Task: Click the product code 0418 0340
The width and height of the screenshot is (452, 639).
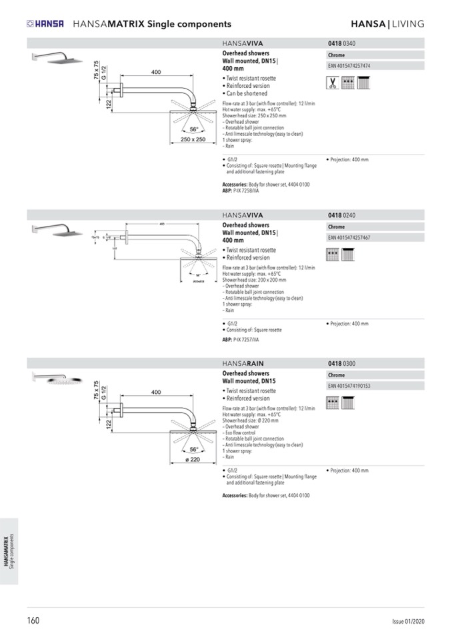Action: click(x=341, y=43)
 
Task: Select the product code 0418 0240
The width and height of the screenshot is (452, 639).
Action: click(x=341, y=215)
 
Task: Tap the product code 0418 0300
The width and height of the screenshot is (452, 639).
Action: click(x=341, y=363)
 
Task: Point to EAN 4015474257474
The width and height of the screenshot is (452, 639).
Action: click(x=349, y=66)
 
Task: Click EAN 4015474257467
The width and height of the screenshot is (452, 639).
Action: click(x=349, y=238)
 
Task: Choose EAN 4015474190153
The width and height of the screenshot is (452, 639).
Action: click(x=349, y=386)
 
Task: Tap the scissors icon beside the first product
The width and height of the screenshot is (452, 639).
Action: click(x=331, y=83)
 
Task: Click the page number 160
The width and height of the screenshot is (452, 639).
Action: click(x=33, y=620)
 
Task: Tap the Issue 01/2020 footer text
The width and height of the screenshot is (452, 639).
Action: click(x=408, y=622)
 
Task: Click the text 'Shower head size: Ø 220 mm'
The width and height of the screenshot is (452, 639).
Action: click(x=255, y=421)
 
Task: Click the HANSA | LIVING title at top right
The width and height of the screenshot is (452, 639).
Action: click(x=387, y=24)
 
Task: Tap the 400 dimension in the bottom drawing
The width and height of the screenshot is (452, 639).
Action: click(x=155, y=392)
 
